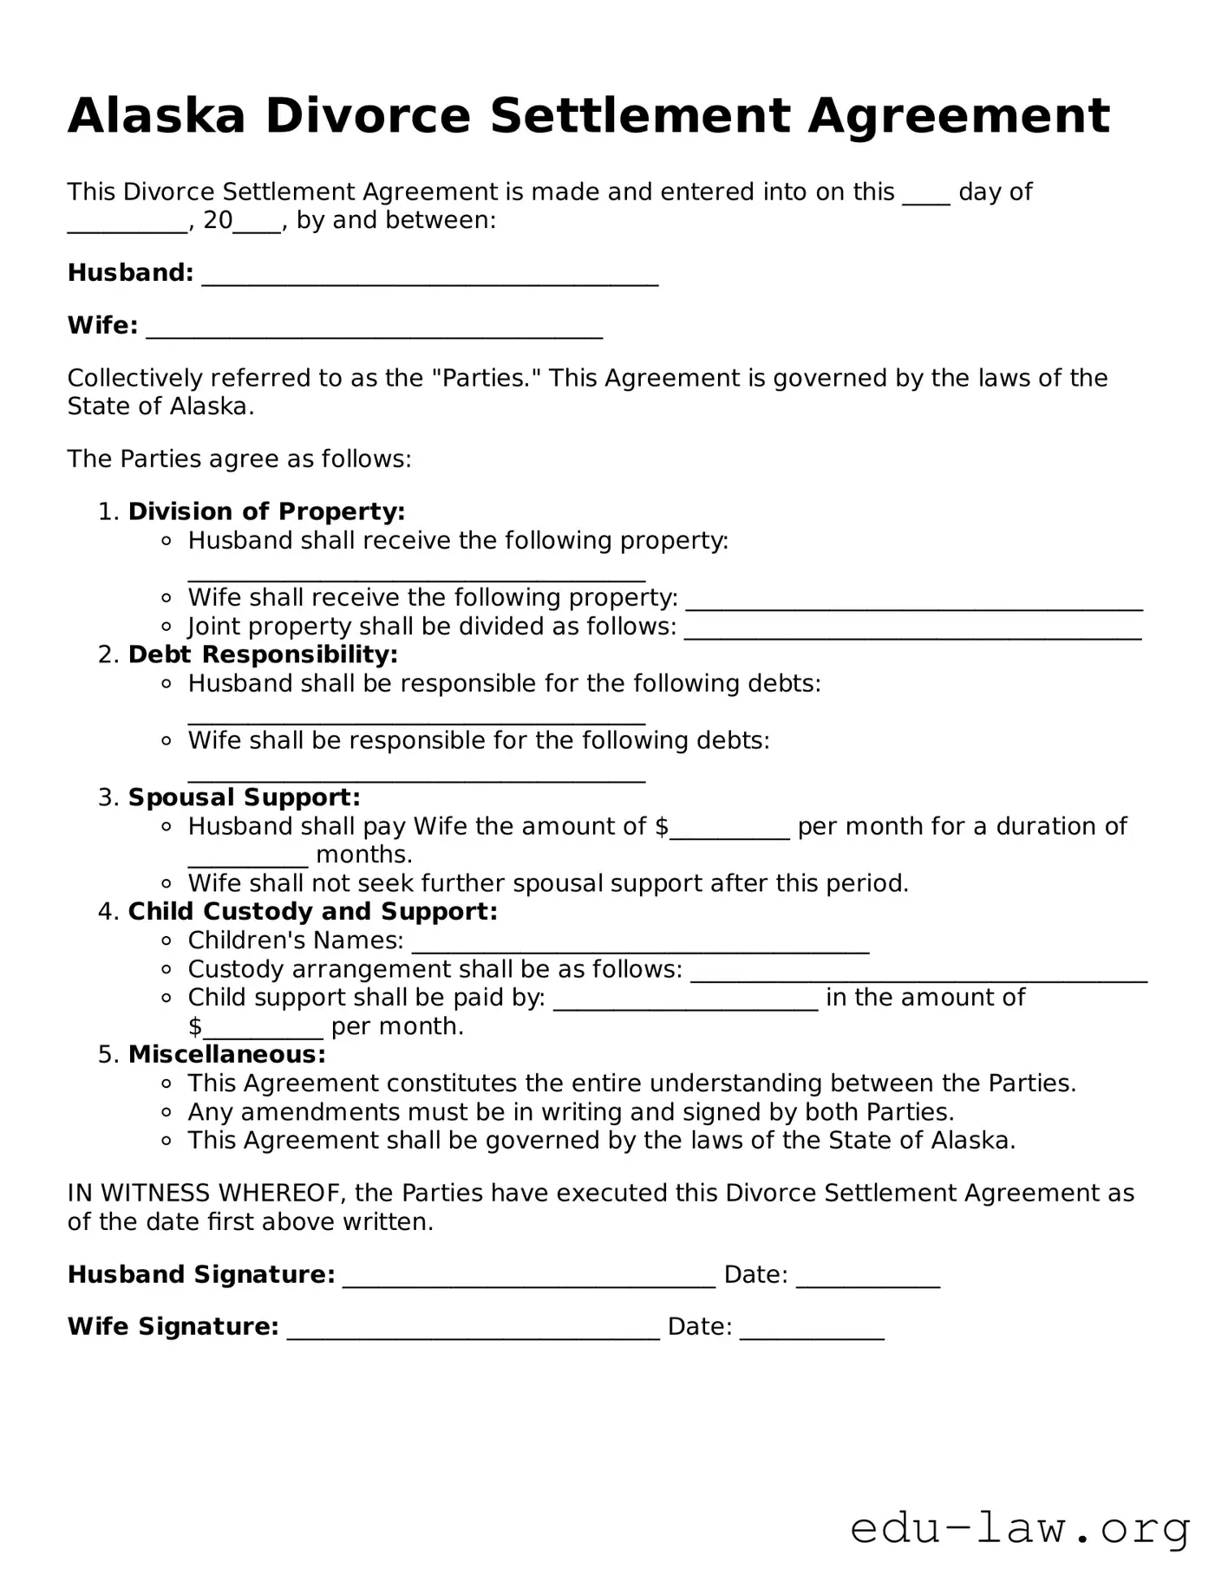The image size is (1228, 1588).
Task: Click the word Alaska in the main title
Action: [x=156, y=116]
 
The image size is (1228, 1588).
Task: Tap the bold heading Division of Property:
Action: [x=266, y=511]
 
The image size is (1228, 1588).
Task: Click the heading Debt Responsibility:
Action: [x=263, y=654]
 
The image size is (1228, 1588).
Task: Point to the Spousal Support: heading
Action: [x=244, y=797]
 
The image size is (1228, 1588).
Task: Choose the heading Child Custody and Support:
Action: [x=312, y=912]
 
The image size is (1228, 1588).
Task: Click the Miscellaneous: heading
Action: [x=226, y=1055]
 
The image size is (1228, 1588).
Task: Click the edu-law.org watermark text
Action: [x=1019, y=1529]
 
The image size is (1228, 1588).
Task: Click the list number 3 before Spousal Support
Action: [x=107, y=797]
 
